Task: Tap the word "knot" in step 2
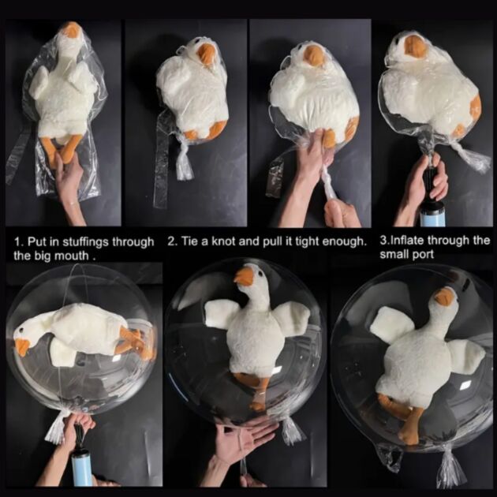(x=223, y=242)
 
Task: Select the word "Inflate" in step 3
(x=405, y=241)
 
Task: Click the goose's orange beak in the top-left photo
(x=73, y=31)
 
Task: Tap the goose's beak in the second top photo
(x=207, y=53)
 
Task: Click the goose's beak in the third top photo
(x=314, y=55)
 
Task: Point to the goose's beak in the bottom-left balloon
(x=22, y=346)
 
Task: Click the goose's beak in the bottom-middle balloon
(x=245, y=275)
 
